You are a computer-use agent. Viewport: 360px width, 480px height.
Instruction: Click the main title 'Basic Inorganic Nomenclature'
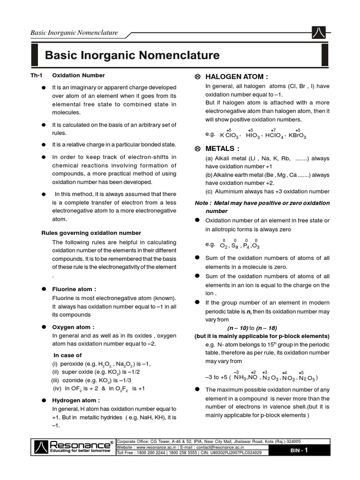coord(132,56)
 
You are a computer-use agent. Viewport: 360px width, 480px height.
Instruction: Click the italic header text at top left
coord(74,33)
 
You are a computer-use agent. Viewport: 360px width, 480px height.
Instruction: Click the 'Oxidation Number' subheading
coord(78,75)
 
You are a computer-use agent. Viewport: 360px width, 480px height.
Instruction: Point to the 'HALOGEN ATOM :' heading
coord(232,77)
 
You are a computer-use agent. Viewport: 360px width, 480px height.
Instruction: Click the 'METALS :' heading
coord(221,149)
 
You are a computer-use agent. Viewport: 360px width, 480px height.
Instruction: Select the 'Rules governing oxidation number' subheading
coord(91,232)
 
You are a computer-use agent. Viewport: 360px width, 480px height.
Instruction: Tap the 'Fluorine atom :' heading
coord(74,289)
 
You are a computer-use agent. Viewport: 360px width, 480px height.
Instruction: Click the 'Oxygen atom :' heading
coord(73,327)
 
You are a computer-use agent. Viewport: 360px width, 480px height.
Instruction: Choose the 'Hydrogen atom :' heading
coord(75,400)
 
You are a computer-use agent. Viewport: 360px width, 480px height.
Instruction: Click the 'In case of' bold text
coord(67,355)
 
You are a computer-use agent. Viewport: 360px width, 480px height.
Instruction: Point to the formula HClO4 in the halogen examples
coord(274,135)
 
